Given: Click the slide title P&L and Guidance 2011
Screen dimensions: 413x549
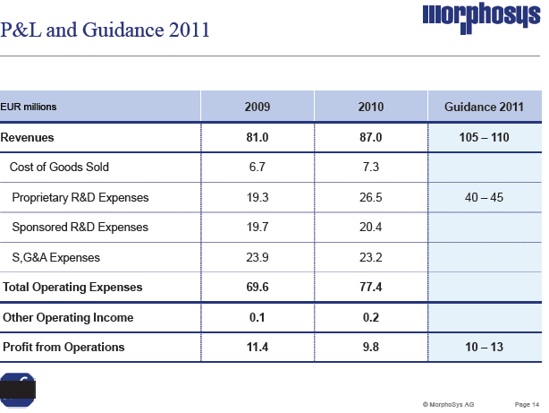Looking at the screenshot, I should (x=106, y=30).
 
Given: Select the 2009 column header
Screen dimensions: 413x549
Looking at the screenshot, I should (x=258, y=108).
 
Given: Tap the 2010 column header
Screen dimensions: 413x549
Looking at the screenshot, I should (x=370, y=108).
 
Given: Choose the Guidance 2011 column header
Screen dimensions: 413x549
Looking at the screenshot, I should (x=483, y=108).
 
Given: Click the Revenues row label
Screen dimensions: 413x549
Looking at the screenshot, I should (x=28, y=138).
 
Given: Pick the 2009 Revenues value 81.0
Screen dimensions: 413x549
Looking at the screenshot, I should (x=258, y=138).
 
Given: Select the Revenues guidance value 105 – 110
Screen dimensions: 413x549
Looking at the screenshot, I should (x=483, y=138).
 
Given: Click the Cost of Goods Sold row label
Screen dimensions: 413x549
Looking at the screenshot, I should (x=59, y=168).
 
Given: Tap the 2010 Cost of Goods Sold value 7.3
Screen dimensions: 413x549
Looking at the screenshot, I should (x=370, y=168).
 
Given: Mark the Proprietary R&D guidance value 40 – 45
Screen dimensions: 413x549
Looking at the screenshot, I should (x=483, y=197).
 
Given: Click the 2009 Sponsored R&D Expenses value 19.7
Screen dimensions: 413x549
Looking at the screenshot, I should (x=258, y=228).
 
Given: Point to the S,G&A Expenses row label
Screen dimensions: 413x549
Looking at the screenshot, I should (x=56, y=258).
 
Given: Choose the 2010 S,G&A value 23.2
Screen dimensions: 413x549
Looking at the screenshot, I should (x=370, y=258).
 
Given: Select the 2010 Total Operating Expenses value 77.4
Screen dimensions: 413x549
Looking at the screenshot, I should (x=370, y=288).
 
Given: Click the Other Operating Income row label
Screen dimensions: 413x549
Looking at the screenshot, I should (x=68, y=317).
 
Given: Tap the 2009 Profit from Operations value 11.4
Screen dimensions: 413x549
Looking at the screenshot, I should (x=258, y=347).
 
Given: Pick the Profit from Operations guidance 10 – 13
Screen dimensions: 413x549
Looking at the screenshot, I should (x=483, y=347).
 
